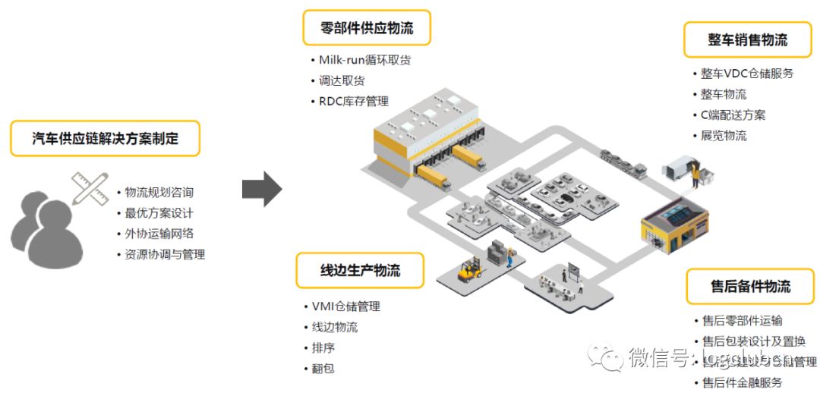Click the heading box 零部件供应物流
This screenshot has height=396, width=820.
(x=366, y=29)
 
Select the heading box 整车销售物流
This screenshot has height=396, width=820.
(x=747, y=39)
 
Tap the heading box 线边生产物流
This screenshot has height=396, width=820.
(x=360, y=270)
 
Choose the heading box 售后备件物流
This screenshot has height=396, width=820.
(x=750, y=286)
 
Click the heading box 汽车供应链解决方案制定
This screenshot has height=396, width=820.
(x=106, y=138)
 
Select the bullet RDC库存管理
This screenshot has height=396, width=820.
(x=353, y=101)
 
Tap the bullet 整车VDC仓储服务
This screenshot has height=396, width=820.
(x=747, y=74)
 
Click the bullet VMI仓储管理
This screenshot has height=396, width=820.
(x=345, y=306)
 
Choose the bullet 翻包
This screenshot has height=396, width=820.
(x=323, y=369)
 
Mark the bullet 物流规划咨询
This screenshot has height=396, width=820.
(x=159, y=193)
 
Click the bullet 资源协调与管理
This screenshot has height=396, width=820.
(x=165, y=254)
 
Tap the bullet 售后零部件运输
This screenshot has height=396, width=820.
(x=742, y=321)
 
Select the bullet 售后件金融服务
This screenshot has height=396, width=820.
(x=742, y=382)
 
